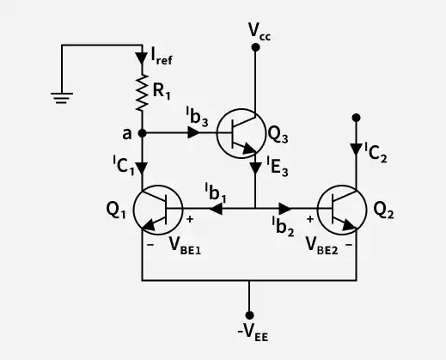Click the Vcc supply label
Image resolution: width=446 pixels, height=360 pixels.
pos(260,32)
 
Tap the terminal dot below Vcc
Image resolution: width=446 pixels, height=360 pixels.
pos(255,47)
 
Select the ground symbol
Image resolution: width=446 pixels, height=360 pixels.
pos(62,98)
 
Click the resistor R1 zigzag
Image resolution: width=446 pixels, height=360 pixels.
pos(142,93)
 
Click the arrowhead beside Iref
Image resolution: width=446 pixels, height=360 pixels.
pos(142,58)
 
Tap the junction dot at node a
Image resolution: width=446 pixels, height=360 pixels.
pos(142,133)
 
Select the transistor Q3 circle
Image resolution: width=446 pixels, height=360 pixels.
pos(241,133)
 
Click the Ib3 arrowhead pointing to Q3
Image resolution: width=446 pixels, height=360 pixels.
pos(193,132)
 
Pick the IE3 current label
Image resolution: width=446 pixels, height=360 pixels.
pos(278,166)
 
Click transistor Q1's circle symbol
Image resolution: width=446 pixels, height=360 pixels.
pos(158,210)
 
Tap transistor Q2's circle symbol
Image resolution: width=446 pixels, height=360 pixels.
pos(342,210)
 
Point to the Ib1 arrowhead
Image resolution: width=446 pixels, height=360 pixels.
pos(216,209)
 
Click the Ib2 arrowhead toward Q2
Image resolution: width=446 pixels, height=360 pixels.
pos(285,209)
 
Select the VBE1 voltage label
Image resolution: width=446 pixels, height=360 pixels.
pos(185,246)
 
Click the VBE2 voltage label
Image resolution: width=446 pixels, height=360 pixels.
pos(322,246)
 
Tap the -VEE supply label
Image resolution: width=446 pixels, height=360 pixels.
pos(253,333)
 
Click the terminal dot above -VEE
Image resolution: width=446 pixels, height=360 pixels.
pos(249,315)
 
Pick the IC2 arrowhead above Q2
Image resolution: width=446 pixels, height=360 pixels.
pos(356,149)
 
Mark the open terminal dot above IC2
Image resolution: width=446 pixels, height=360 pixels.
pos(356,118)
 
